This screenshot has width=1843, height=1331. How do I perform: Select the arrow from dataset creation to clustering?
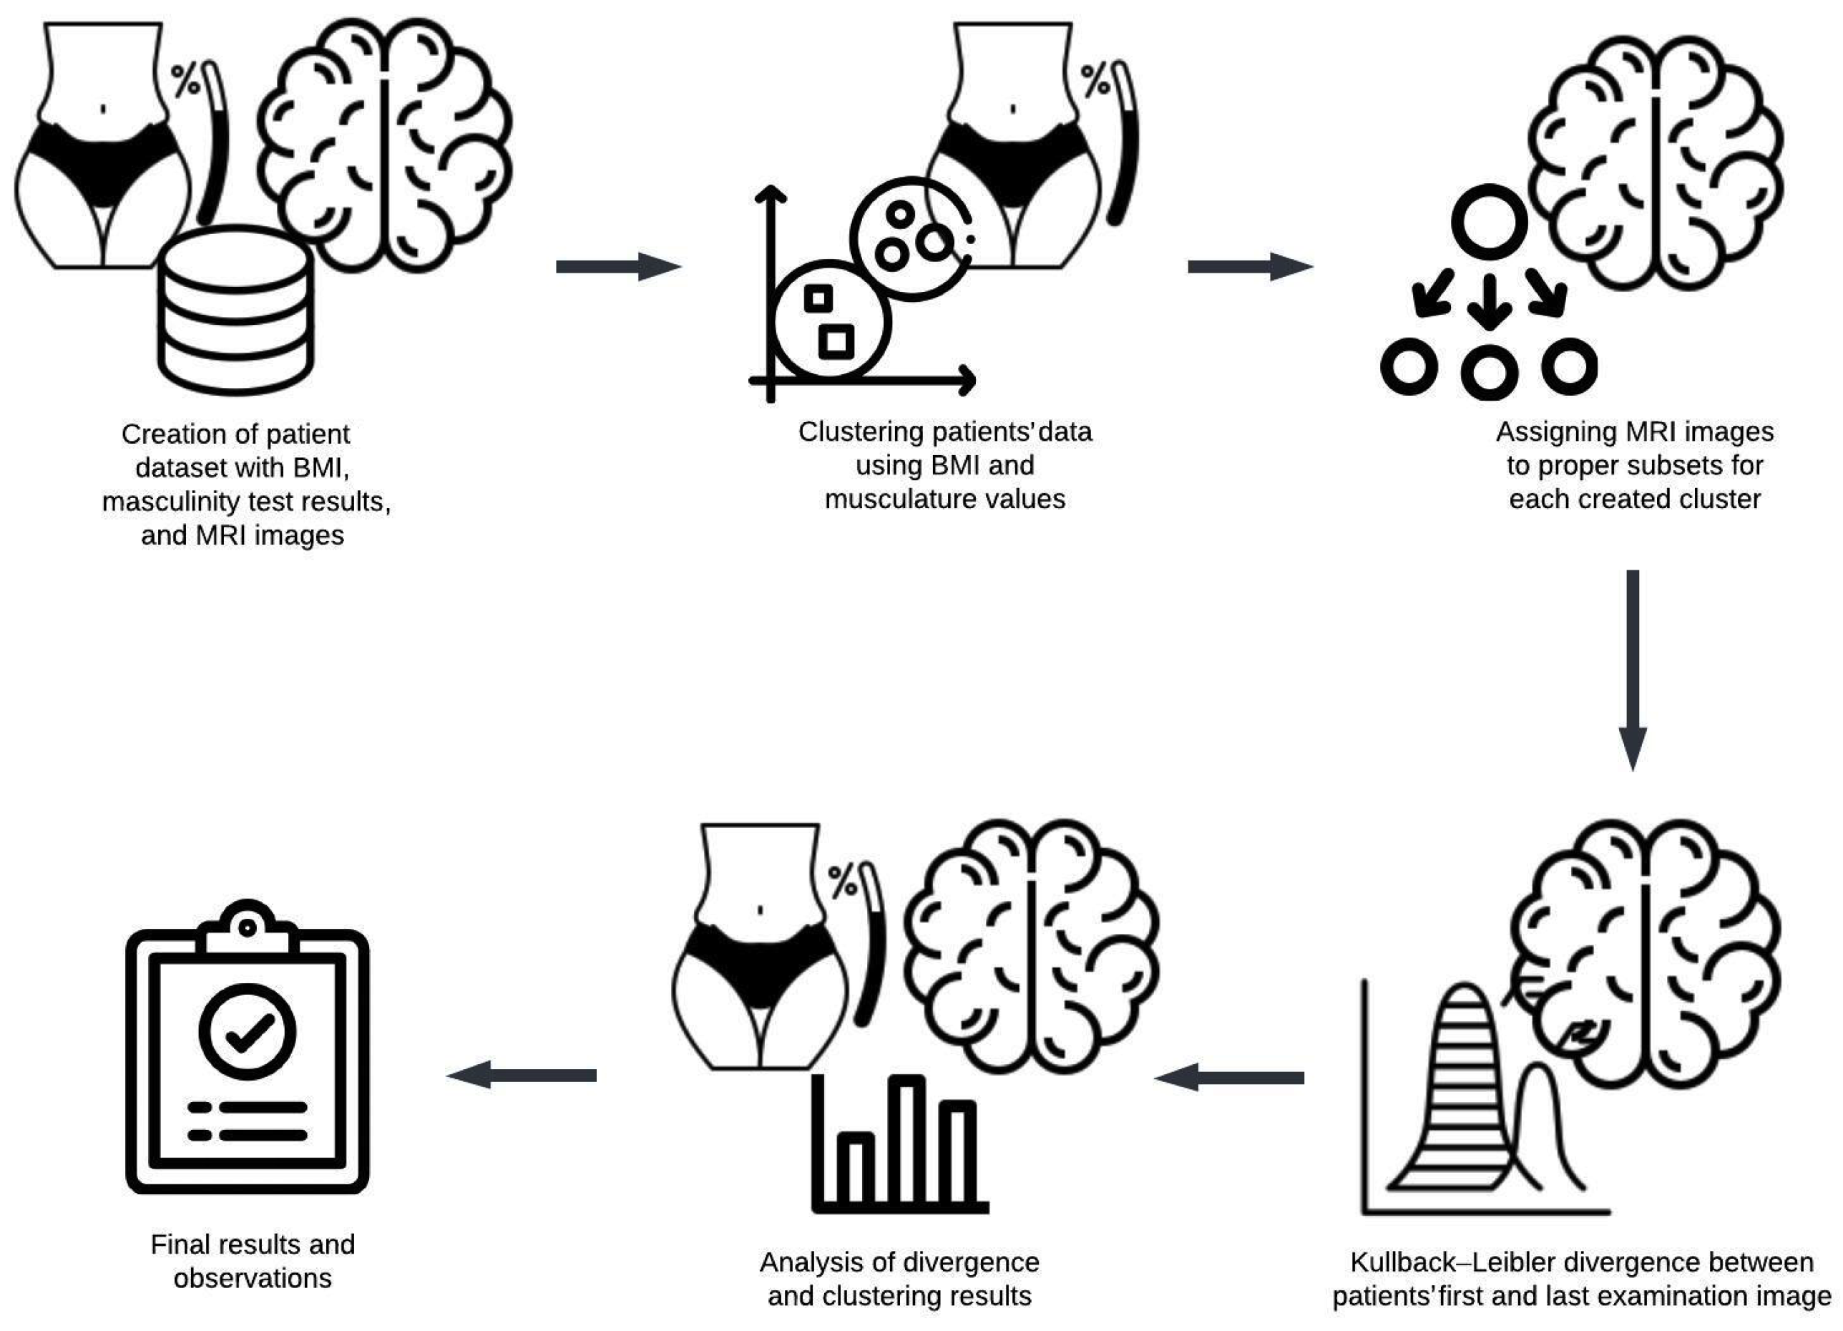pos(617,266)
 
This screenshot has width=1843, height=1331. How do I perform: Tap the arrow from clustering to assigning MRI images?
pos(1249,266)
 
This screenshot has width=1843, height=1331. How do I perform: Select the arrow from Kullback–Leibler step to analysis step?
pos(1228,1078)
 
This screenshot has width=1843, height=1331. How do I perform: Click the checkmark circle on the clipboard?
pos(247,1031)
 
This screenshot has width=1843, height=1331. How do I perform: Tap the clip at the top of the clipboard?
pos(247,930)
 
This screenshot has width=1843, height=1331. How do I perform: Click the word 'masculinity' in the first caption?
pos(178,502)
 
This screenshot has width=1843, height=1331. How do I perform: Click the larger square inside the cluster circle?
pos(836,341)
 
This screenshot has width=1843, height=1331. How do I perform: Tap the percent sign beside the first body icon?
pos(185,80)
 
